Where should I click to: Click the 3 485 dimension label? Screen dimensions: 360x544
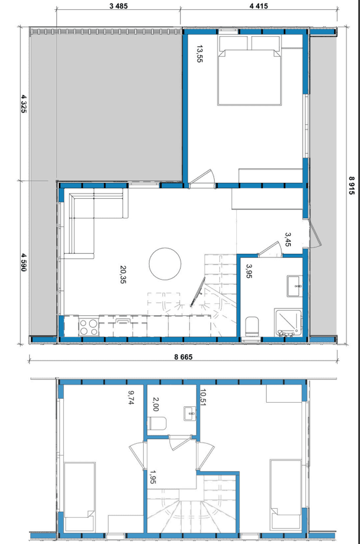coord(118,6)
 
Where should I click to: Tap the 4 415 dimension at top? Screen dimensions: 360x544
coord(259,6)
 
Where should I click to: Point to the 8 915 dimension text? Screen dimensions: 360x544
coord(352,185)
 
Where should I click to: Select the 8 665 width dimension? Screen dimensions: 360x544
coord(182,356)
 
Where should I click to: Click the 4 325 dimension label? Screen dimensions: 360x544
coord(23,103)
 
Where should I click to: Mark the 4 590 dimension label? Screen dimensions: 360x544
coord(23,262)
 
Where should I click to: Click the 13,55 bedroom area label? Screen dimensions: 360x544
coord(199,53)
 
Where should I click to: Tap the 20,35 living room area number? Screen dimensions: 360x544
coord(123,274)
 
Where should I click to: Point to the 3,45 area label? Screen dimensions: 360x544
coord(288,239)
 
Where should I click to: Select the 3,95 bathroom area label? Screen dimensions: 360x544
coord(249,271)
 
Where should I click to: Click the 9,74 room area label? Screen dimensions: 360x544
coord(131,397)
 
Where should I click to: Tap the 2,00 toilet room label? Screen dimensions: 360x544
coord(155,404)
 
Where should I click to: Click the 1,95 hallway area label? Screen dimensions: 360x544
coord(152,477)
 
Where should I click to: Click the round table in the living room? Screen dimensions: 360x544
coord(165,264)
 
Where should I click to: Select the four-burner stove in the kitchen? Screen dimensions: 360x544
coord(89,327)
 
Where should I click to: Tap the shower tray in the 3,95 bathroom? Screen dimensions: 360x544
coord(288,322)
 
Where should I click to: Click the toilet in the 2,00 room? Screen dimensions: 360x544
coord(157,423)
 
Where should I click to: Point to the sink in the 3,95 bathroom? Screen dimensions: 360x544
coord(295,286)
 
